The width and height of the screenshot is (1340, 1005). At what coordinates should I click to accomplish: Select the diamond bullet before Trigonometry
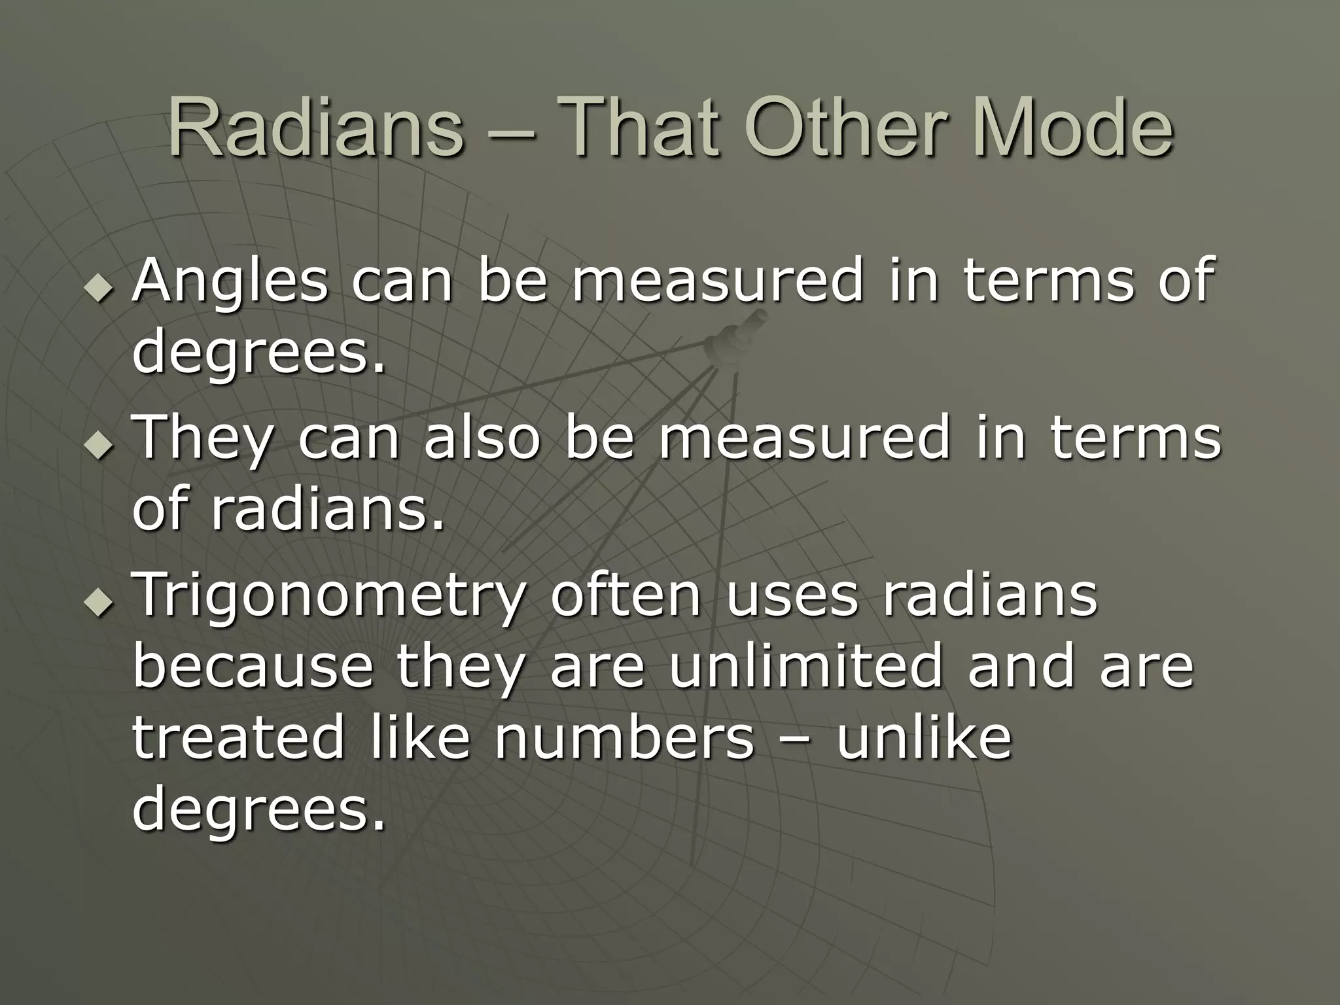click(x=99, y=604)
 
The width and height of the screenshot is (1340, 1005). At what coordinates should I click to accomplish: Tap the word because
click(x=252, y=667)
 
